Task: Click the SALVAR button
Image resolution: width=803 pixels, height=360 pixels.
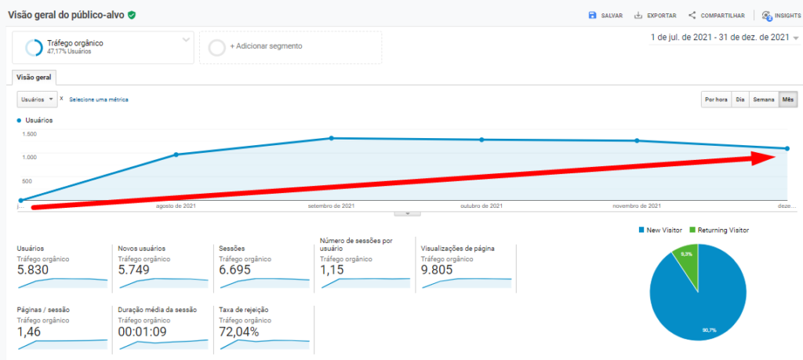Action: tap(605, 15)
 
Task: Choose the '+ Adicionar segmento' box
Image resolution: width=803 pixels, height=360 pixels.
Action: tap(290, 47)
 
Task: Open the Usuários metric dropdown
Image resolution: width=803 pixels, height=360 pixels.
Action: tap(38, 100)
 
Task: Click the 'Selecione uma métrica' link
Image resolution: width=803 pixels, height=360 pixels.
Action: tap(98, 100)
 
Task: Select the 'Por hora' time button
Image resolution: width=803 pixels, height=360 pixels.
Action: tap(715, 100)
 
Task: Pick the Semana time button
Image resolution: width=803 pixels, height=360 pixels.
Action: tap(763, 100)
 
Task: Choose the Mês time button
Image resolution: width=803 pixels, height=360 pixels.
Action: tap(787, 100)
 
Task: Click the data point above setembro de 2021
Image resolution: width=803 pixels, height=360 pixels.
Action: tap(332, 138)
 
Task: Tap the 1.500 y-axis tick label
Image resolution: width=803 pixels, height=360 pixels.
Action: tap(30, 134)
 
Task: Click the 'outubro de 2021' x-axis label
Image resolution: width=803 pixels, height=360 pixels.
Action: tap(481, 205)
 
